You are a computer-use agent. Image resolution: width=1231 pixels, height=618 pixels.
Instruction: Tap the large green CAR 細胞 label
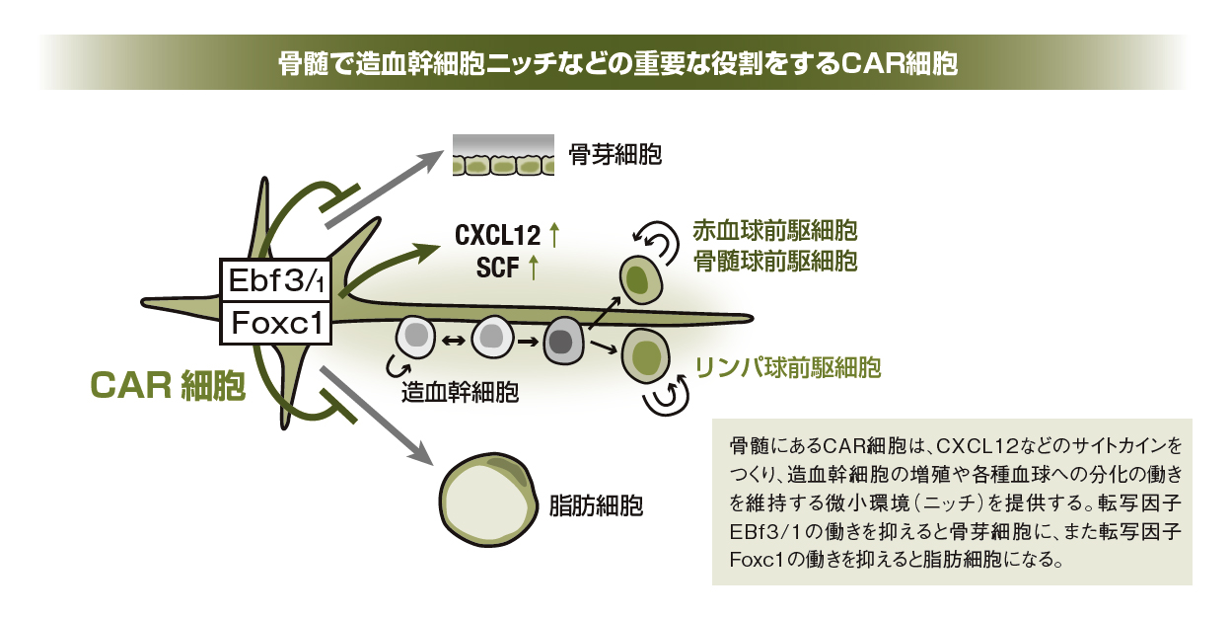click(168, 386)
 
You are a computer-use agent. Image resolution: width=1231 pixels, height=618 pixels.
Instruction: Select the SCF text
click(499, 267)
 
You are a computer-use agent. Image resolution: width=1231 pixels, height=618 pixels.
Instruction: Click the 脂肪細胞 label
click(596, 506)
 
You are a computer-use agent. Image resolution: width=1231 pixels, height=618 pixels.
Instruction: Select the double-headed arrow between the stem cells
click(454, 341)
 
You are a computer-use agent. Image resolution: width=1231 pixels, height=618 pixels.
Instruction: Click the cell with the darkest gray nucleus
click(562, 341)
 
